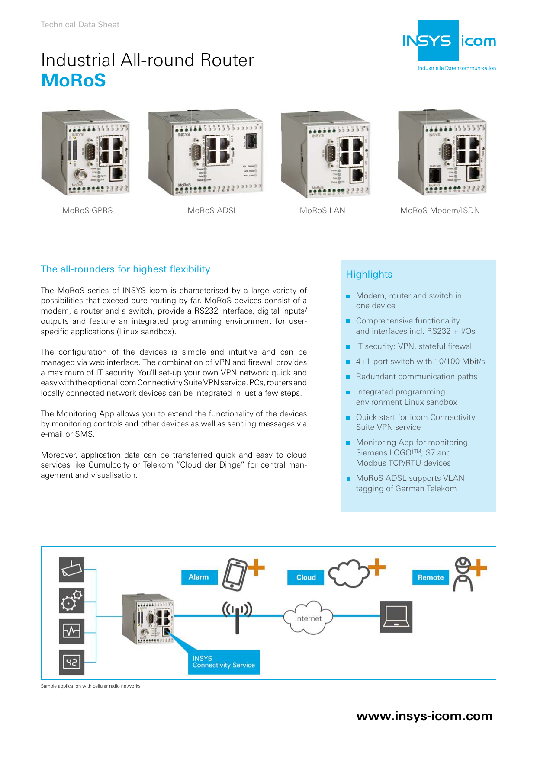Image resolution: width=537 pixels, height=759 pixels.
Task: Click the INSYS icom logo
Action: click(449, 42)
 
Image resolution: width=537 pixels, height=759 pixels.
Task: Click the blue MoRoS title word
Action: click(73, 80)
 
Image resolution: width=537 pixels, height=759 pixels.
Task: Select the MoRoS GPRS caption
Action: click(87, 211)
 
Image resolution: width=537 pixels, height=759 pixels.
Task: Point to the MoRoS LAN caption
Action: click(322, 211)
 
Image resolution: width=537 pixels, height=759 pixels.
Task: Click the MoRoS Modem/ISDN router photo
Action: click(442, 152)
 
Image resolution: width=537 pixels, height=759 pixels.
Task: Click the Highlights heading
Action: click(369, 275)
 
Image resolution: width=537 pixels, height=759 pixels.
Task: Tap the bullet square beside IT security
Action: click(348, 347)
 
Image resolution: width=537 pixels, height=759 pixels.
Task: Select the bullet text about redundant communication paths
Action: click(416, 377)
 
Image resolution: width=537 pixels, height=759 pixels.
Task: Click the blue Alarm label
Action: click(199, 577)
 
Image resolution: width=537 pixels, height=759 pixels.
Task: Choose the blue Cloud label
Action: click(306, 577)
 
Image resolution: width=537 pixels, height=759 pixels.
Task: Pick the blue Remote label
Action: click(431, 577)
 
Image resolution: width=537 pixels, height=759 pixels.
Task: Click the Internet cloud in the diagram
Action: click(308, 618)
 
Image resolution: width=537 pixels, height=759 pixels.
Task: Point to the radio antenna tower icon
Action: click(237, 616)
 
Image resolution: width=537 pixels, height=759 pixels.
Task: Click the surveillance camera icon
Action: click(71, 570)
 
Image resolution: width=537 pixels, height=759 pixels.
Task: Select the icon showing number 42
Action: click(71, 662)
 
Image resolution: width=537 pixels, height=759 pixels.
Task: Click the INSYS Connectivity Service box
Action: click(224, 662)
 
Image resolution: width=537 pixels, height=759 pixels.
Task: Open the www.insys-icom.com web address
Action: click(424, 716)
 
